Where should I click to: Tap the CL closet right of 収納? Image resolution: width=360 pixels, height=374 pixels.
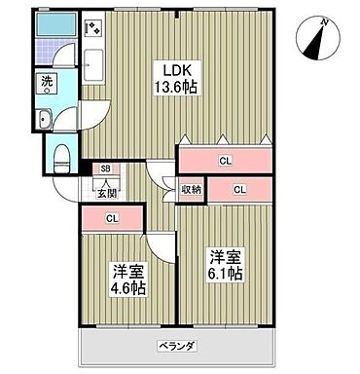point(238,188)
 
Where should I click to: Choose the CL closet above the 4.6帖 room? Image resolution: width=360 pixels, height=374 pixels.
point(112,218)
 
